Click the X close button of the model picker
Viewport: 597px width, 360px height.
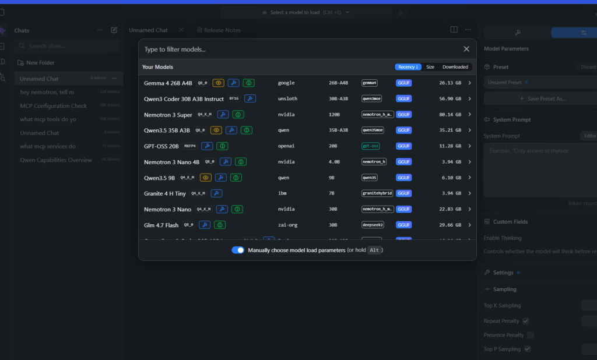tap(466, 50)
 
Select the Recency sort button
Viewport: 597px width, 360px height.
tap(408, 67)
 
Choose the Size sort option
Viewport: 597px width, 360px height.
tap(430, 67)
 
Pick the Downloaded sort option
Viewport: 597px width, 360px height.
tap(455, 67)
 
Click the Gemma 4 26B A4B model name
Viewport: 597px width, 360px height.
tap(168, 83)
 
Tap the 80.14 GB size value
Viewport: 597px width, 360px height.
tap(449, 115)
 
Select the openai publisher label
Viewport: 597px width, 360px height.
tap(286, 146)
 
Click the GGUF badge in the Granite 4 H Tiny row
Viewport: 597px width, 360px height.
tap(404, 193)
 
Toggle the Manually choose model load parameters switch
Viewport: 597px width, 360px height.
tap(238, 250)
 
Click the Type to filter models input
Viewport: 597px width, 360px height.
tap(292, 50)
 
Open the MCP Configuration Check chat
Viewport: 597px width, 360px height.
tap(53, 106)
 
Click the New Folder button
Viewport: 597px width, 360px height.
tap(40, 62)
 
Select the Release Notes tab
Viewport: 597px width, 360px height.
tap(222, 30)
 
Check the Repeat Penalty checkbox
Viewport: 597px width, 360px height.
tap(526, 321)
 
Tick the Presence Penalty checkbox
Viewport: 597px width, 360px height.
tap(531, 335)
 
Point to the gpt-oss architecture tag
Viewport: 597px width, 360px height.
tap(370, 146)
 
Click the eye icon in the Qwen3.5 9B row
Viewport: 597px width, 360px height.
tap(206, 178)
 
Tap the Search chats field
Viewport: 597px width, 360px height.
tap(67, 46)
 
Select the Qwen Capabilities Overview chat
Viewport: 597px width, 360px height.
tap(56, 160)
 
